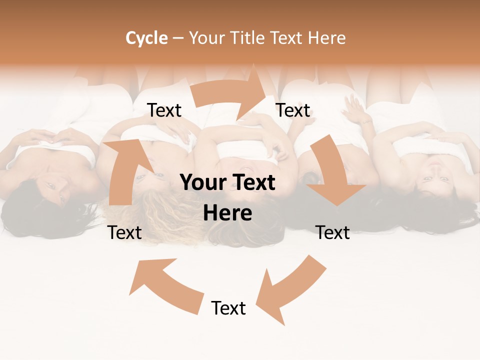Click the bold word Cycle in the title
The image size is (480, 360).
(146, 38)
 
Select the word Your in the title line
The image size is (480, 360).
(205, 38)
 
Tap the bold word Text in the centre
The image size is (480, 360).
(252, 183)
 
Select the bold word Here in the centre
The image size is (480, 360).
(227, 213)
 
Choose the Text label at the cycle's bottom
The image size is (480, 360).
(228, 308)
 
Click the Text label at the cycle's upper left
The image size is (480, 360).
(164, 110)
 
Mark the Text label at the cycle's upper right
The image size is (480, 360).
(293, 110)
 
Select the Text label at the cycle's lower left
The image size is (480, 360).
(124, 232)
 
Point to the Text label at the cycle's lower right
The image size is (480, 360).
(332, 232)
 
